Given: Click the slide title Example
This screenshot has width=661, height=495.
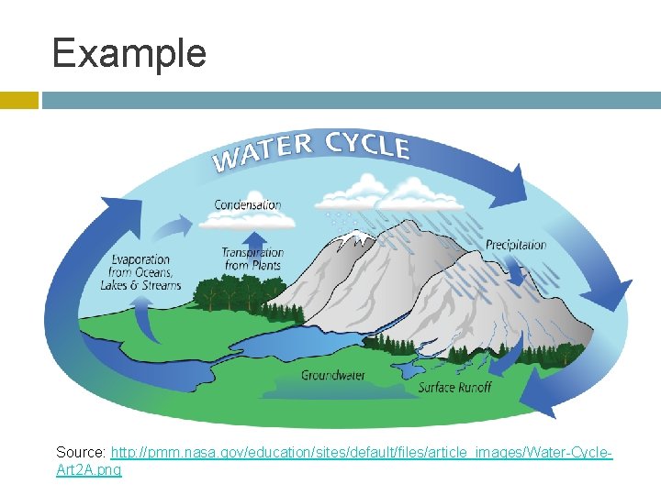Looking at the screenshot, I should (129, 53).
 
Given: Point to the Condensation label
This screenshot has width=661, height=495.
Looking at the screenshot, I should (248, 204).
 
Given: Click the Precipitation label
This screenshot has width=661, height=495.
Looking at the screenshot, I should (516, 245).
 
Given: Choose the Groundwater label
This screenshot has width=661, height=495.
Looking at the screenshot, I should (333, 375).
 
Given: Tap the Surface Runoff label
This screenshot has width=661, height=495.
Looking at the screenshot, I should (454, 387).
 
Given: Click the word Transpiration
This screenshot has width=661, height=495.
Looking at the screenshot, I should (252, 252).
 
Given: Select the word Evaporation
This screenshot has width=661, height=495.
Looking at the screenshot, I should (142, 259).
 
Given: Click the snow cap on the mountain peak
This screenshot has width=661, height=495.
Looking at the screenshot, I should (353, 239).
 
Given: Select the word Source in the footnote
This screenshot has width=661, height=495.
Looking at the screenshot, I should (80, 453).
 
